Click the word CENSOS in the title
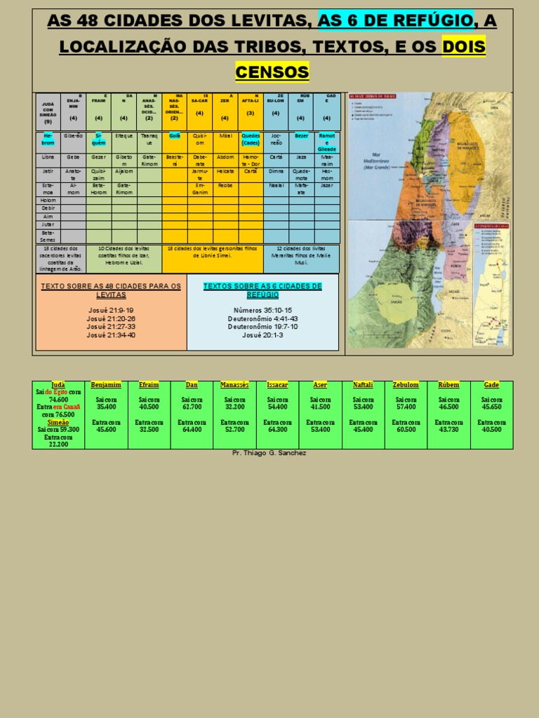point(272,72)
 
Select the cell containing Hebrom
point(48,138)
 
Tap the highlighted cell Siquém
point(99,138)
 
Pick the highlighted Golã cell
point(175,135)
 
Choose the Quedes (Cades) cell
point(251,138)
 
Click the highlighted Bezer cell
point(301,135)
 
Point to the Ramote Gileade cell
point(326,142)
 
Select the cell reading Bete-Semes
point(48,235)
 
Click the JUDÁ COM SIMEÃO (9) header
point(48,112)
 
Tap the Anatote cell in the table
point(73,174)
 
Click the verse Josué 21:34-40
point(112,335)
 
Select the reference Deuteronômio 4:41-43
point(262,318)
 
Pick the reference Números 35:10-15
point(262,310)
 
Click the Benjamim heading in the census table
point(106,385)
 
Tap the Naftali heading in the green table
point(363,385)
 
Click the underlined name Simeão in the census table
point(58,422)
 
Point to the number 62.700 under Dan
point(192,407)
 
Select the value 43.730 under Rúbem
point(448,429)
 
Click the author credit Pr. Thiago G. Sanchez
point(269,453)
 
